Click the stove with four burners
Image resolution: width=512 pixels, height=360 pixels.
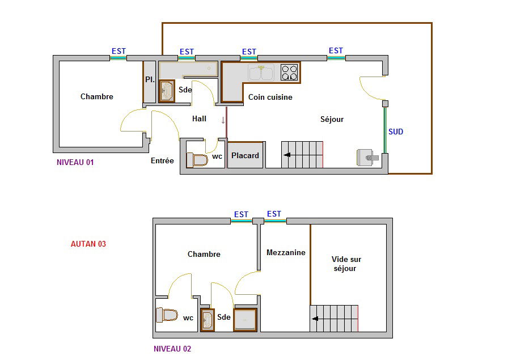pos(289,73)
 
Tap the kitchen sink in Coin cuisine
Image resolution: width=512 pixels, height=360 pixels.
pos(261,73)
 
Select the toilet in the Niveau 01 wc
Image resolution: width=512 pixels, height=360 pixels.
pos(197,160)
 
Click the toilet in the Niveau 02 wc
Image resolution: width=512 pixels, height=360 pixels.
pos(167,315)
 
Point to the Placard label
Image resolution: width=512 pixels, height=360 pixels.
pos(245,156)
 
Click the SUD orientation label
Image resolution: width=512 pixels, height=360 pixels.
pos(396,132)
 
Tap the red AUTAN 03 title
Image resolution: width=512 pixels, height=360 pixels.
pos(88,244)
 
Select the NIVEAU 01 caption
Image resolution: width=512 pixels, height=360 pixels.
pos(75,162)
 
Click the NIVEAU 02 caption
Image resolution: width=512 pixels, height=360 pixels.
pos(172,349)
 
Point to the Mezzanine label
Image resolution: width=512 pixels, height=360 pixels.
pos(286,252)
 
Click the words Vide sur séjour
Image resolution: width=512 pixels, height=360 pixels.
pos(346,264)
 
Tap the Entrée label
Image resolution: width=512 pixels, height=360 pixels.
pos(162,160)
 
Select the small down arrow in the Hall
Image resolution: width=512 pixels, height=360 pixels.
pos(223,120)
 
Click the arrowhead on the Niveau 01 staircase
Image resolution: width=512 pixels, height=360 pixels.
pos(287,155)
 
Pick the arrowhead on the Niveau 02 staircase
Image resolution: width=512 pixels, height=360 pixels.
pos(315,319)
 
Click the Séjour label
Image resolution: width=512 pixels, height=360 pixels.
pos(332,119)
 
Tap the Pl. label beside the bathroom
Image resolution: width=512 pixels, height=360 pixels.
pos(150,79)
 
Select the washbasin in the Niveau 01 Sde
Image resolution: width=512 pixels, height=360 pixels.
pos(167,91)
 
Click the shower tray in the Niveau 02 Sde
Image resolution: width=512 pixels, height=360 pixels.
pos(245,320)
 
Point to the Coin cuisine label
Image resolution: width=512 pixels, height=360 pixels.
pos(270,97)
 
